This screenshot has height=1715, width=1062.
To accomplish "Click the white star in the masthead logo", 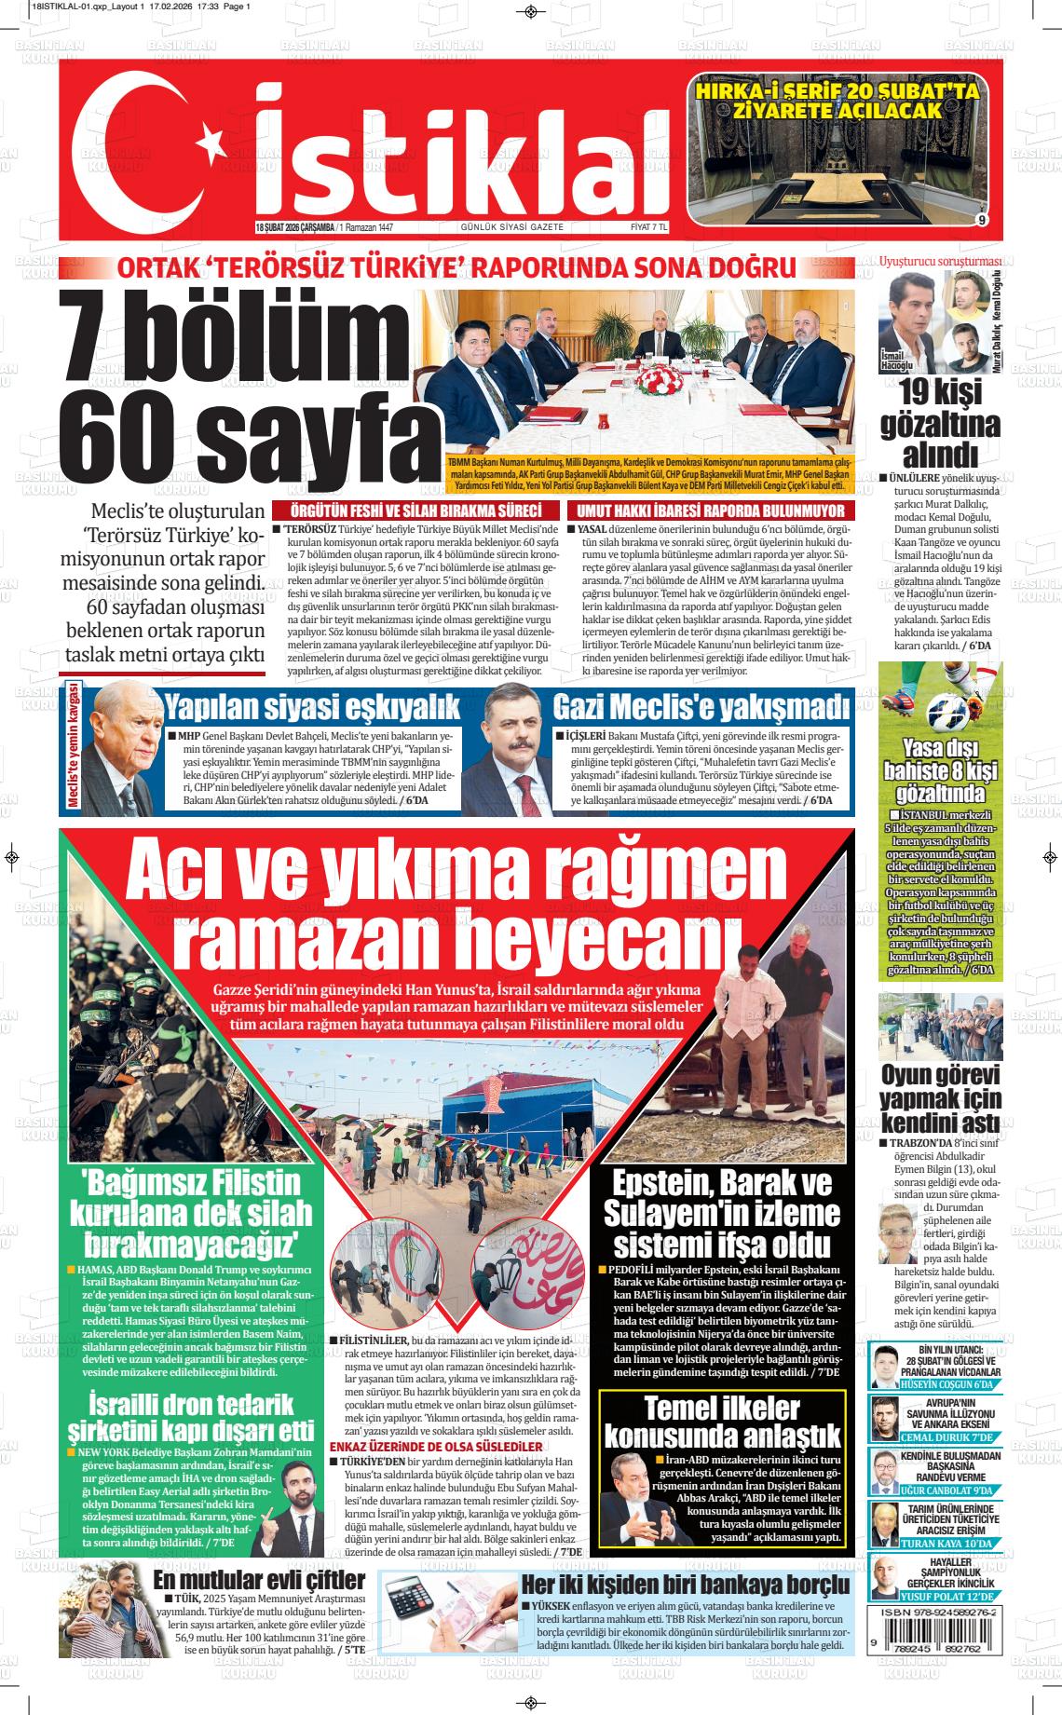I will tap(206, 142).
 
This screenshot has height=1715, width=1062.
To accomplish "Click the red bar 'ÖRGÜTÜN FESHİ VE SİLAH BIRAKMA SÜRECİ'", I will tap(415, 510).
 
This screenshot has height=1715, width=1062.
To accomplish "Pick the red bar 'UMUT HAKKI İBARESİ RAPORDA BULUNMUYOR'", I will tap(711, 510).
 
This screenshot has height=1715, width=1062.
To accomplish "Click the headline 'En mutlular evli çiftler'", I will tap(259, 1580).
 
